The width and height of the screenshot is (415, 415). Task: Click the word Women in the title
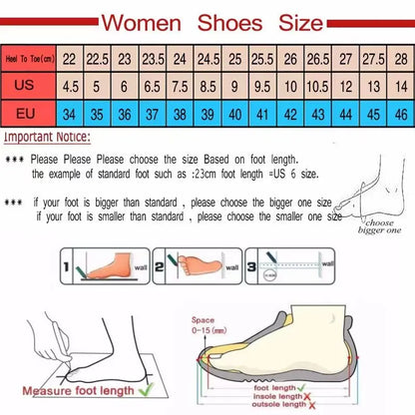[x=150, y=21]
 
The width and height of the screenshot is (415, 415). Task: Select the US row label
[x=26, y=86]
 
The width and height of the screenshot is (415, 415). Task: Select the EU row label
[x=26, y=113]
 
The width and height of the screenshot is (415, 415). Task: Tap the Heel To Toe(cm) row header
[x=27, y=59]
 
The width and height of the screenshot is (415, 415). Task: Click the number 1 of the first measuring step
[x=66, y=267]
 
